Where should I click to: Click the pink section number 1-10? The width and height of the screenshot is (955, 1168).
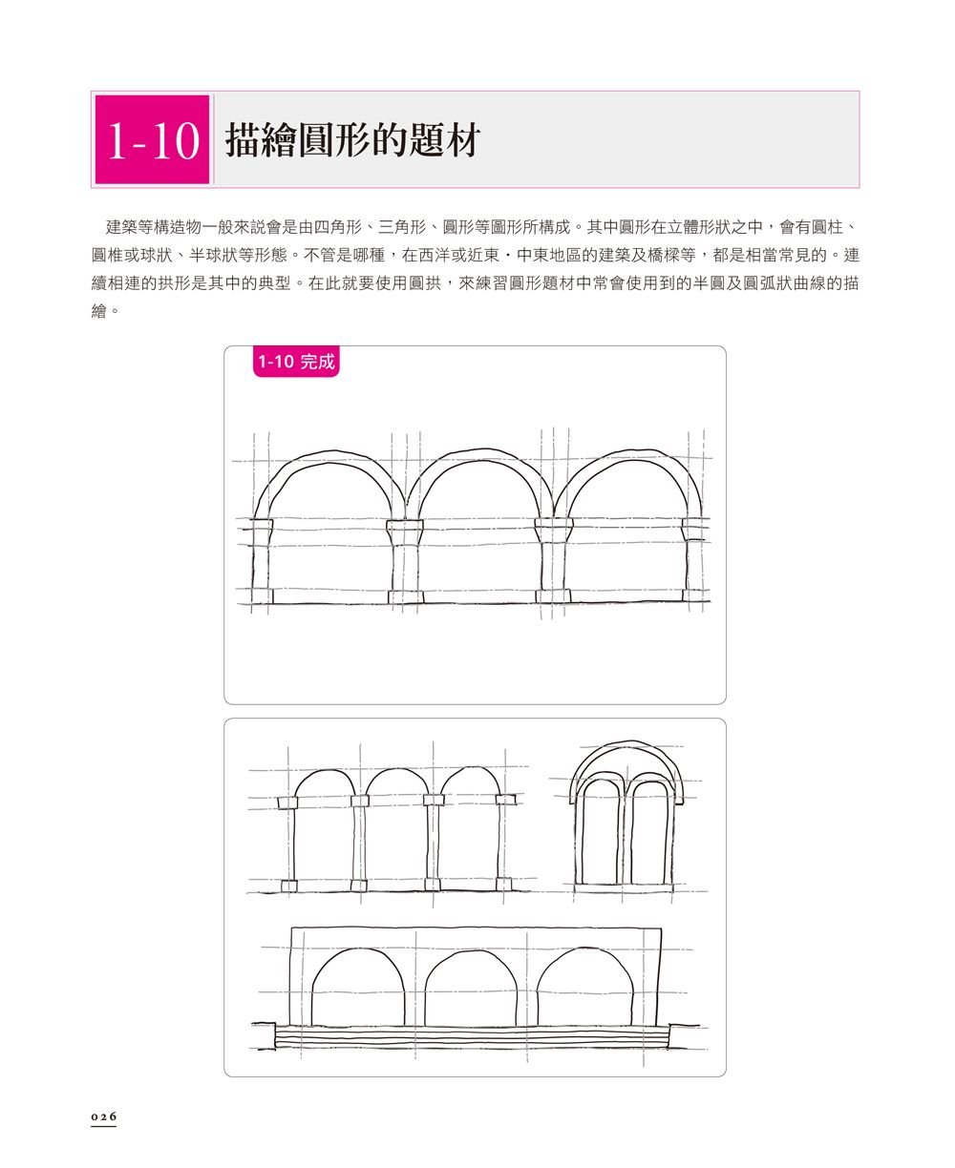[x=152, y=139]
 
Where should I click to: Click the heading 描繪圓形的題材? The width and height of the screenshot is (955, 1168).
[x=352, y=140]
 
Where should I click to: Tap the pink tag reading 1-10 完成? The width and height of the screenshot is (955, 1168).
[x=296, y=362]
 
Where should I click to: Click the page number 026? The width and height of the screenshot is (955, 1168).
[x=104, y=1116]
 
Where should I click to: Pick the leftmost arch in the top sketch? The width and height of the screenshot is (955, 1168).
[x=330, y=457]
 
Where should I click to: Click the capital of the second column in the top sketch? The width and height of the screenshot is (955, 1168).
[x=405, y=532]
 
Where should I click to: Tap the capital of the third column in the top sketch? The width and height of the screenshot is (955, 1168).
[x=553, y=531]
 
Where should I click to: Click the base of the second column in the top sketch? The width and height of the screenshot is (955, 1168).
[x=405, y=596]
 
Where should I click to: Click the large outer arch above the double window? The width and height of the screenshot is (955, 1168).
[x=626, y=746]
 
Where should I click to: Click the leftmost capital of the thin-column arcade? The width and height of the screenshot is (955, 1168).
[x=287, y=803]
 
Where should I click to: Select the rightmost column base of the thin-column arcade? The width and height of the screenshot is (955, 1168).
[x=503, y=884]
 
